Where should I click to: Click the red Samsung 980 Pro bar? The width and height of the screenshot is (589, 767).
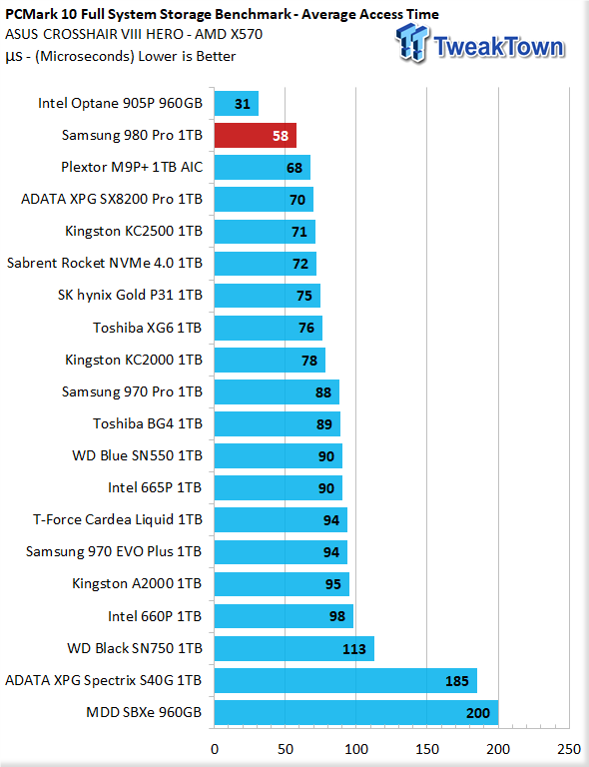(256, 136)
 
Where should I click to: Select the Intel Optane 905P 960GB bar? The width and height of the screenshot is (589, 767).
(236, 103)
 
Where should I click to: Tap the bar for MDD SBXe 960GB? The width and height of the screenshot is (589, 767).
(356, 712)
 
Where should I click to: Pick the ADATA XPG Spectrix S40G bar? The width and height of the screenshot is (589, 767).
(345, 680)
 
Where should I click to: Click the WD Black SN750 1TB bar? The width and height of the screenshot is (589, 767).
(294, 648)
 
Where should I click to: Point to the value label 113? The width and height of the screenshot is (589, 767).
(353, 649)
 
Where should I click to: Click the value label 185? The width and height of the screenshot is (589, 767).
(457, 681)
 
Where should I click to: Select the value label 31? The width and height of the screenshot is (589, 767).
(243, 104)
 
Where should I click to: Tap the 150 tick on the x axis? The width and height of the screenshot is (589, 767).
(427, 749)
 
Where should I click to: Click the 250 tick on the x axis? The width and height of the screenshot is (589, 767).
(569, 749)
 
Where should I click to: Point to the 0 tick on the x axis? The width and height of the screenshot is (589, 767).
(215, 749)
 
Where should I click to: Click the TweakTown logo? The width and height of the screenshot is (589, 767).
(480, 44)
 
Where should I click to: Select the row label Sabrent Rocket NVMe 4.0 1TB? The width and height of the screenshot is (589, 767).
(105, 264)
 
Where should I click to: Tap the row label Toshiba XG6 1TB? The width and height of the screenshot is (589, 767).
(148, 328)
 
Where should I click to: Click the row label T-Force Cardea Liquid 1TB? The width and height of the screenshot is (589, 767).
(118, 519)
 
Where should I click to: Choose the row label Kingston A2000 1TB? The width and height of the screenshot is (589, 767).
(137, 583)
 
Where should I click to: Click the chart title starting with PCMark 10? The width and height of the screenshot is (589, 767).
(222, 15)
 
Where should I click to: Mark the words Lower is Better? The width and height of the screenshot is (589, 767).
(188, 56)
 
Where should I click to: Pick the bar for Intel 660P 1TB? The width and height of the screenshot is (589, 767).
(284, 616)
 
